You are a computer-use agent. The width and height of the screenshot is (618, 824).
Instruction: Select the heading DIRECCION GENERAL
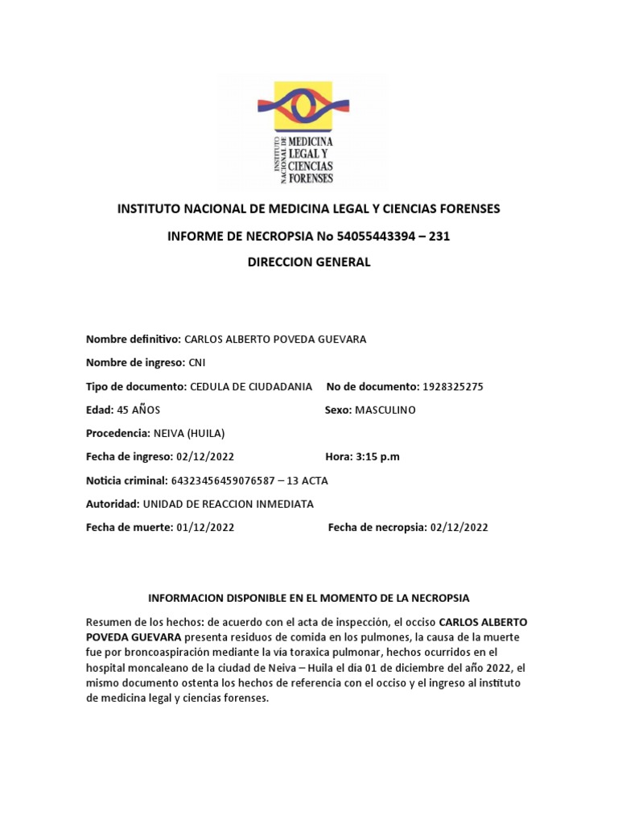309,263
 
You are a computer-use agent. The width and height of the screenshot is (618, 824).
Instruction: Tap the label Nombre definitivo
134,339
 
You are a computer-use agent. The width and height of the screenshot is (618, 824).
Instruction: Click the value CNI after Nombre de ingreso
197,363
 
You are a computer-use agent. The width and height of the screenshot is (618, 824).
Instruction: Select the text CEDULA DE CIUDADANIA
251,386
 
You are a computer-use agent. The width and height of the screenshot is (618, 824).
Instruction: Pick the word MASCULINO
385,410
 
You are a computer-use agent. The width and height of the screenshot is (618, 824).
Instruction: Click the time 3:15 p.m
377,457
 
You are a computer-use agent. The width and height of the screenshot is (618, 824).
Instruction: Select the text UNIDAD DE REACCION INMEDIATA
228,504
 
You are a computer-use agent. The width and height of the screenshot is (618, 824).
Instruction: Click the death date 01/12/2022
205,527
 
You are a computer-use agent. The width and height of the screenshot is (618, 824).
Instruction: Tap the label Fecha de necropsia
377,527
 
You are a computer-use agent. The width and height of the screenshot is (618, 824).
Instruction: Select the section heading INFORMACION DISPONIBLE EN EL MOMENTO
309,598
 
